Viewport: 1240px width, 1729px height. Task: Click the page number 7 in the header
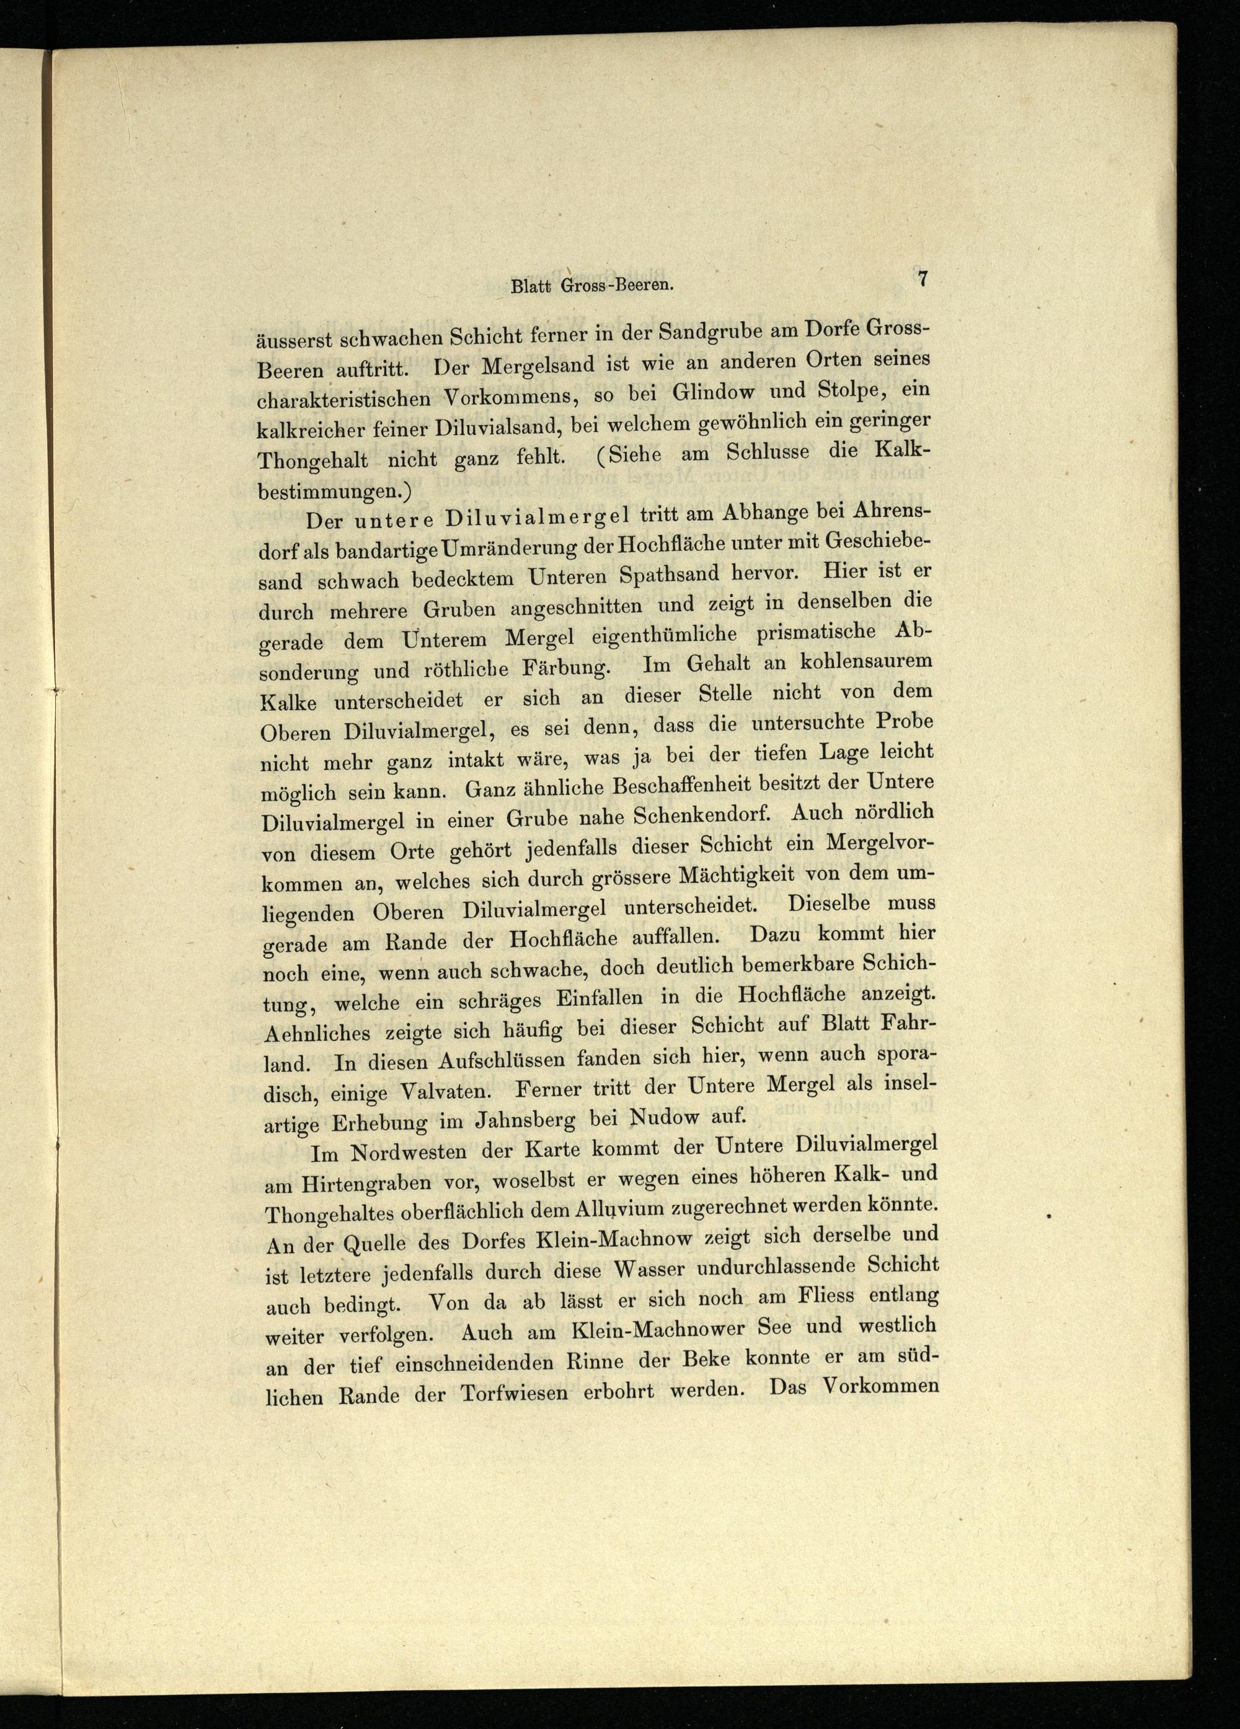coord(922,279)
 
